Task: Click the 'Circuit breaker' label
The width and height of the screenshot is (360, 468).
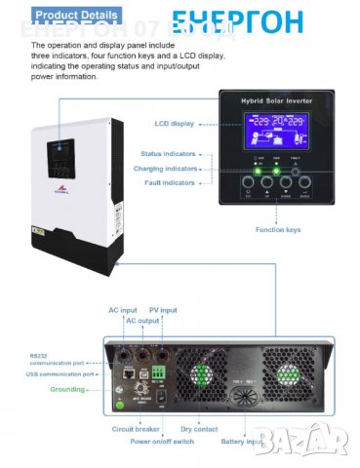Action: click(x=132, y=428)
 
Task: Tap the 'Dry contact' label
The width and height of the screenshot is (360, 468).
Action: click(x=200, y=428)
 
